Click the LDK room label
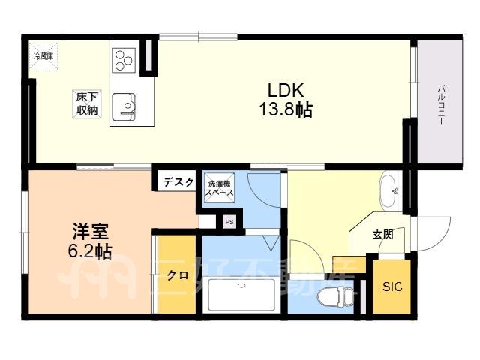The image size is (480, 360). coord(286,90)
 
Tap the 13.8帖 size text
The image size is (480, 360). coord(286,109)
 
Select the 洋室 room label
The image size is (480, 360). coord(90,232)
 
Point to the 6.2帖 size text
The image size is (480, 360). coord(89,251)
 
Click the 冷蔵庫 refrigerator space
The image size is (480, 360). coord(43,57)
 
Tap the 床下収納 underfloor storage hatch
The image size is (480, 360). coord(87,103)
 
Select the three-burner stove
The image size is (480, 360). coord(124,60)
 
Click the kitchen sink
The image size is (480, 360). coord(124,106)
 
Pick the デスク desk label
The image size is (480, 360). coord(178,182)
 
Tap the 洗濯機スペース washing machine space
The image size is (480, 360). coord(219,188)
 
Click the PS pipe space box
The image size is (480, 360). coord(229,222)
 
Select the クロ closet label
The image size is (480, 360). coord(178,276)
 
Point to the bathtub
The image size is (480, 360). coord(241,295)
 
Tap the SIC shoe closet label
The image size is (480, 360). coord(392,286)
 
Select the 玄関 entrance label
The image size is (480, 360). coord(383,235)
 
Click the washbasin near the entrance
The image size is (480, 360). coord(388,192)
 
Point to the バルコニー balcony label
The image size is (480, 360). coord(442,105)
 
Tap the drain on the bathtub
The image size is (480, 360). coord(241,286)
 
